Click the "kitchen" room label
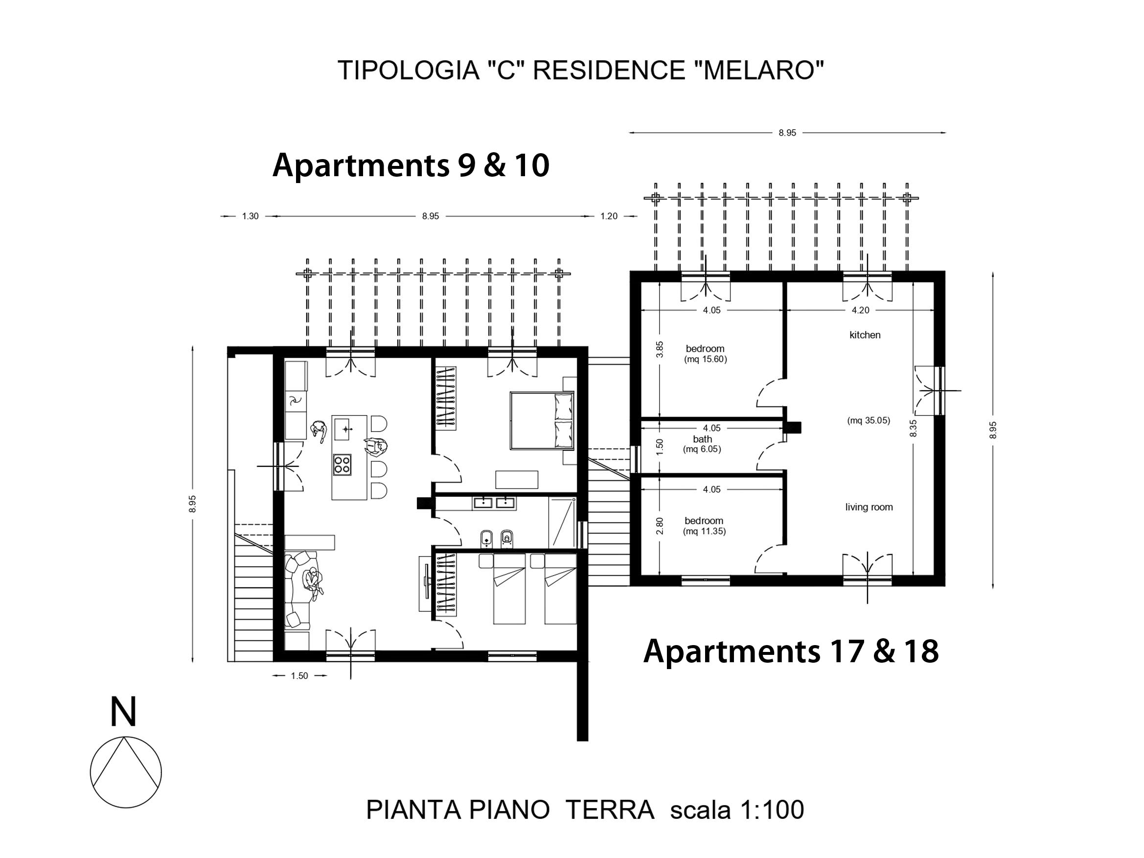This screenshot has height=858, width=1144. (x=865, y=335)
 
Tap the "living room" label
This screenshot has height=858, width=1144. (x=869, y=508)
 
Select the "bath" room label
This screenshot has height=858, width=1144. (x=702, y=439)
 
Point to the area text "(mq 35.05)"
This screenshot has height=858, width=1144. (x=869, y=420)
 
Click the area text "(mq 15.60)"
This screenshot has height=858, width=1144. (x=706, y=359)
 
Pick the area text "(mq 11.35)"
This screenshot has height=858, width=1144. (x=705, y=531)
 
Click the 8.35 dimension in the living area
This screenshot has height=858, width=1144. (x=914, y=428)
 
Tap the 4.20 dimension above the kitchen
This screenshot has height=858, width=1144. (x=861, y=310)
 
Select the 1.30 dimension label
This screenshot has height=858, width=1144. (x=251, y=216)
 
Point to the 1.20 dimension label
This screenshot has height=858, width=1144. (x=609, y=216)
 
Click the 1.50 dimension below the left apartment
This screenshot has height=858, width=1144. (x=299, y=675)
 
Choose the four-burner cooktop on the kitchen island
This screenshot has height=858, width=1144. (x=342, y=464)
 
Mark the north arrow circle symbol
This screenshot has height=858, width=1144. (x=126, y=772)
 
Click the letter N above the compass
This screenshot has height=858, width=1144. (x=124, y=712)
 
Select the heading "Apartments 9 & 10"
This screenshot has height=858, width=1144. (x=411, y=165)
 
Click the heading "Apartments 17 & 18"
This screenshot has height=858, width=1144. (x=791, y=651)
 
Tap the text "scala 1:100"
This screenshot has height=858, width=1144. (x=737, y=810)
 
